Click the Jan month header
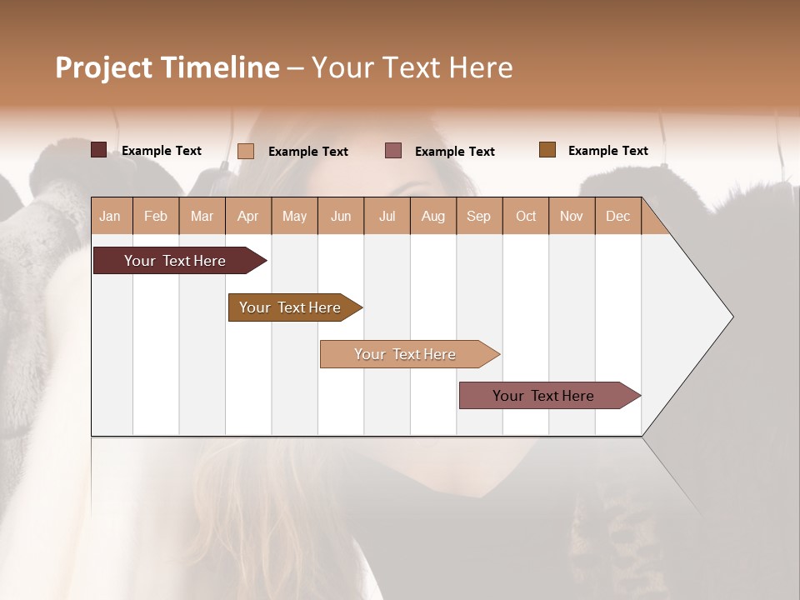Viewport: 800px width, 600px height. pos(110,216)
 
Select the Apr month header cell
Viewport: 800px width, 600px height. pos(247,216)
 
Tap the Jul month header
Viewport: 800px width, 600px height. pos(387,216)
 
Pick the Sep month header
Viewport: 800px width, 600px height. pos(478,216)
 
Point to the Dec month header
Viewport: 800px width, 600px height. pos(617,216)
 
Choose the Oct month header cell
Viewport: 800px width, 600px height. pos(526,216)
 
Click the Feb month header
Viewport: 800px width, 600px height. pos(156,216)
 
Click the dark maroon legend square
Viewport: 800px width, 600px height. pos(98,150)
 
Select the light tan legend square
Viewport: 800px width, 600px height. pos(245,151)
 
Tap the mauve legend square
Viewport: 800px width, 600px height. pos(393,150)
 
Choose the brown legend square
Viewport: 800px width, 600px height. pos(547,150)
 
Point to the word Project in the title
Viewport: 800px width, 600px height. pos(103,67)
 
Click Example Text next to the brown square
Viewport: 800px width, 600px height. pos(607,151)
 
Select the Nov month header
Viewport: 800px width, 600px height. pos(572,216)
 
